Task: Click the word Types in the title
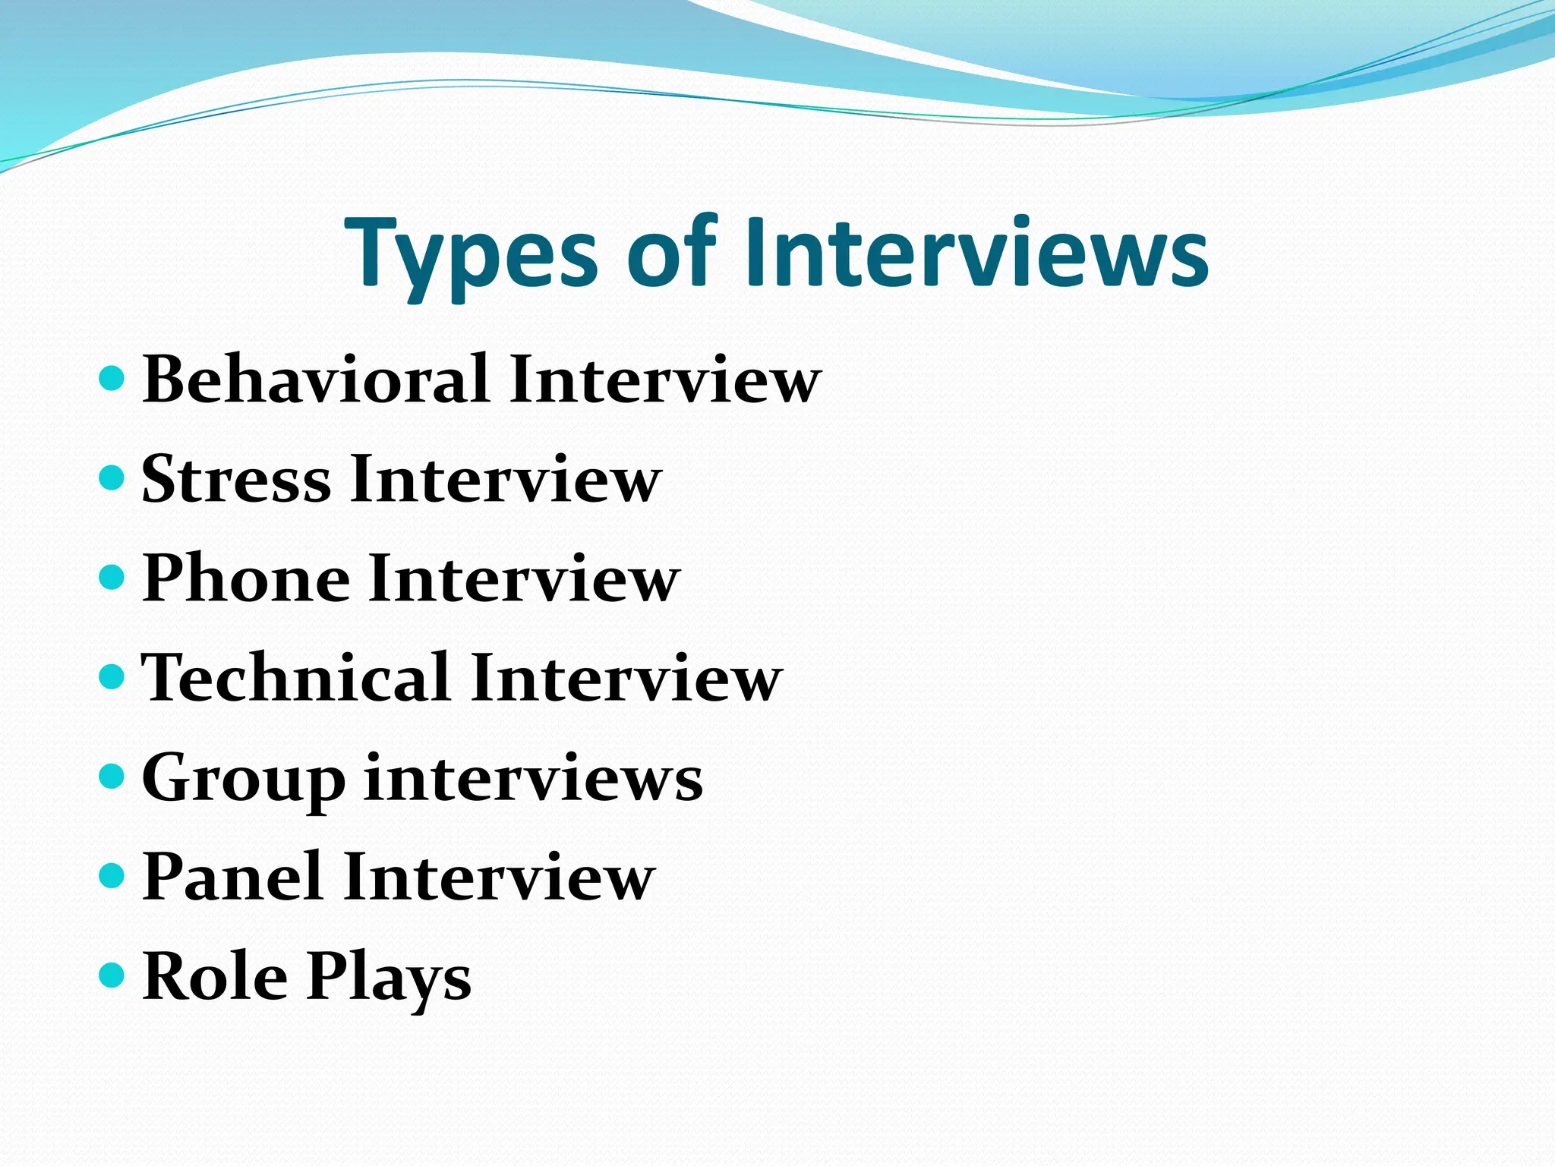[472, 255]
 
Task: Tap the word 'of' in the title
[671, 251]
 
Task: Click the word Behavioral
[316, 379]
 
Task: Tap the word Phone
[246, 578]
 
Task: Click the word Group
[243, 779]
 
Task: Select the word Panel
[232, 876]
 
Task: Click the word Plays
[390, 979]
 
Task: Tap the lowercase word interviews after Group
[534, 777]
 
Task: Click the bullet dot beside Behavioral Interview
[112, 377]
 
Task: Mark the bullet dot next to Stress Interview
[112, 477]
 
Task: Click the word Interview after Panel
[499, 876]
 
